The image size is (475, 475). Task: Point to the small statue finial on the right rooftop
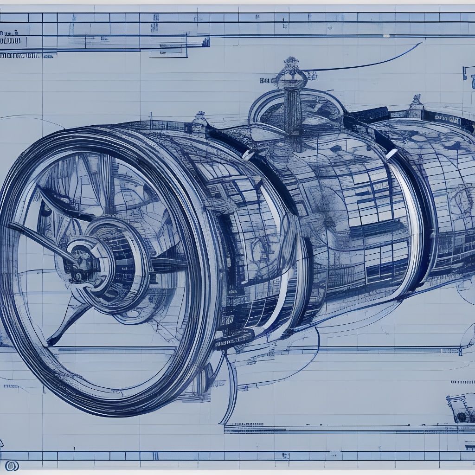coord(416,101)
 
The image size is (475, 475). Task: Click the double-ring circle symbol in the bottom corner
coord(12,465)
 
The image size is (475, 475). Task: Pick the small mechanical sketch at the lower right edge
coord(459,408)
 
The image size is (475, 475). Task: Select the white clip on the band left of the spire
coord(249,154)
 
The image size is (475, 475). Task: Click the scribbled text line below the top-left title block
coord(21,55)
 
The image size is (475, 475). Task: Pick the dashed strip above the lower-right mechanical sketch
coord(462,382)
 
